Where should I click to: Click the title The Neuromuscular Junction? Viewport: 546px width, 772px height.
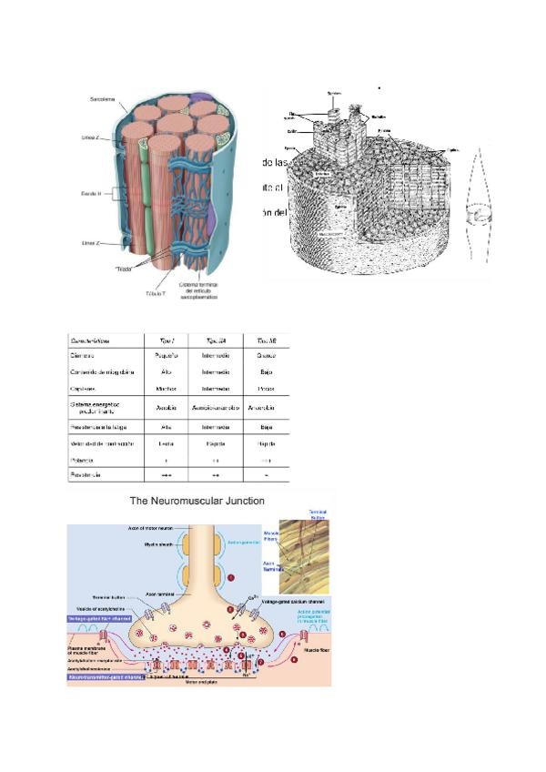point(197,501)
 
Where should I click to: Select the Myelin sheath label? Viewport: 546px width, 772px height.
point(151,543)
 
